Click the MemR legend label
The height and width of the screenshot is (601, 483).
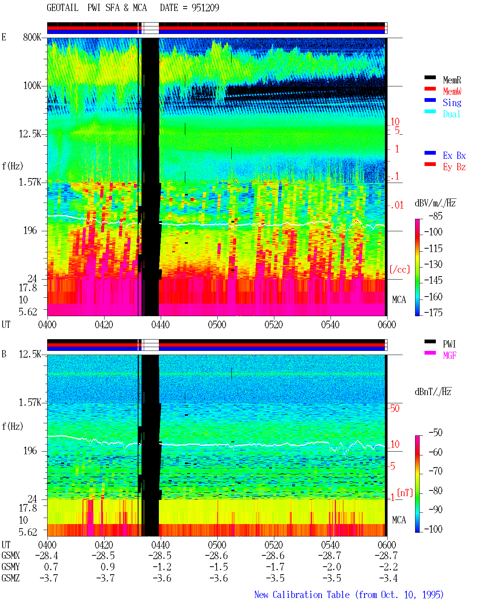[x=452, y=80]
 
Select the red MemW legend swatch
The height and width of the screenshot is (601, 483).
[x=430, y=89]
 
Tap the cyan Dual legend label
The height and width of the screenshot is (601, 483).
[x=451, y=114]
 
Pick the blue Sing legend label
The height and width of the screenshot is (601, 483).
[x=452, y=103]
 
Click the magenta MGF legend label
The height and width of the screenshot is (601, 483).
[x=449, y=355]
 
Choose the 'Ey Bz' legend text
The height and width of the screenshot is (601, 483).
[x=454, y=167]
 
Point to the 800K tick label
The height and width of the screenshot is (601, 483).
[x=32, y=37]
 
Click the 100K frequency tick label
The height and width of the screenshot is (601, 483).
[x=32, y=86]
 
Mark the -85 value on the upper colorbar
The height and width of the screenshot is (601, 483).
[x=435, y=216]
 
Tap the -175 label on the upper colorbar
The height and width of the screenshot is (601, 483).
[x=433, y=312]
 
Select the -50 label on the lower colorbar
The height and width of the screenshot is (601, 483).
[x=435, y=433]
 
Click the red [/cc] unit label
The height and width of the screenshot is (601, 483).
[x=400, y=269]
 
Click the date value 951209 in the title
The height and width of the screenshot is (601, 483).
[x=205, y=8]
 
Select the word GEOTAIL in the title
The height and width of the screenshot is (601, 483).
[x=63, y=8]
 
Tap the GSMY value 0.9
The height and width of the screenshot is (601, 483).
[x=108, y=567]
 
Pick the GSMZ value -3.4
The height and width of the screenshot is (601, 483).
[x=388, y=578]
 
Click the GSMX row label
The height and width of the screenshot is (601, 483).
[x=11, y=555]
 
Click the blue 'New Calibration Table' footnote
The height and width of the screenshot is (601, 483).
[x=302, y=595]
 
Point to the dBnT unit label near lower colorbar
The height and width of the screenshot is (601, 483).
[x=433, y=392]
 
